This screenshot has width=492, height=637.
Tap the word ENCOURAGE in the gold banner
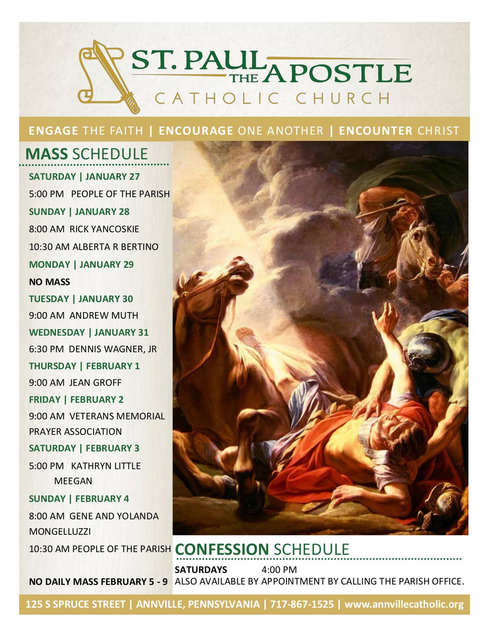[196, 130]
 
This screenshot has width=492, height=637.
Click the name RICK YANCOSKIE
[104, 229]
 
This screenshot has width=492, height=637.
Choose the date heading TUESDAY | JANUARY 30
[81, 299]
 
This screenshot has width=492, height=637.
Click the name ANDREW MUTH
[104, 315]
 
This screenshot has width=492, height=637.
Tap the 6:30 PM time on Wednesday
[46, 349]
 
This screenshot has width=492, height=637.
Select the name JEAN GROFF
[95, 382]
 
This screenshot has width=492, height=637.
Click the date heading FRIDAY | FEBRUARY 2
[76, 399]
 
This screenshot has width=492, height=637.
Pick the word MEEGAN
[73, 481]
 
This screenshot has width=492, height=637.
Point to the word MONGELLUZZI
[60, 531]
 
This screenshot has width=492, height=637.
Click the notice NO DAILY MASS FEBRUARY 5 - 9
[98, 581]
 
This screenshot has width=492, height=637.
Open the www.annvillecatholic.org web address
[404, 604]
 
